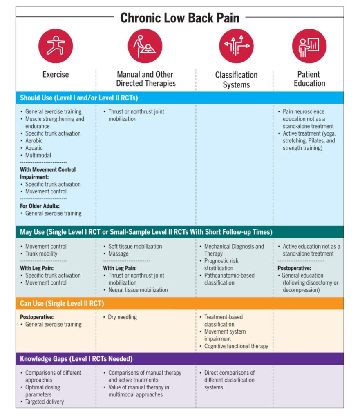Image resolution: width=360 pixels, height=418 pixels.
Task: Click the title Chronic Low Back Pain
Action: pos(180,18)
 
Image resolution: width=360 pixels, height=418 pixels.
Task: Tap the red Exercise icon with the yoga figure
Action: pos(56,46)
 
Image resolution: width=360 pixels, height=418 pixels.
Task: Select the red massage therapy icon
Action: pos(145,46)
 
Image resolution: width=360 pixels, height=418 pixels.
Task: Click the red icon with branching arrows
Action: pos(236,46)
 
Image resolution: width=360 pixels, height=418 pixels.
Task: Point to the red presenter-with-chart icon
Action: pos(309,46)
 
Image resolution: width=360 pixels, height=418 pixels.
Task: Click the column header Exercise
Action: pos(56,75)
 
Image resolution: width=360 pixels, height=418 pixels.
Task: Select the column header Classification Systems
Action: pos(236,80)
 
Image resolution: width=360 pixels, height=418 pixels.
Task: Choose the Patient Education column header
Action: pos(309,79)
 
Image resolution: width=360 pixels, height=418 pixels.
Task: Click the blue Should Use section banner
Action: pos(180,98)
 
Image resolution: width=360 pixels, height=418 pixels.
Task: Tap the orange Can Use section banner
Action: pos(180,303)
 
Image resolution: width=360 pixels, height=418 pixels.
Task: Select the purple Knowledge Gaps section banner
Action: pos(180,359)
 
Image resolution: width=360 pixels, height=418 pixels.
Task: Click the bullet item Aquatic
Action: pos(34,148)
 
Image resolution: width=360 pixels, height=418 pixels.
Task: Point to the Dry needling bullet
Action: pos(122,317)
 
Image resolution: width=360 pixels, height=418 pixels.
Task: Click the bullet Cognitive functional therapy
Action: pos(236,346)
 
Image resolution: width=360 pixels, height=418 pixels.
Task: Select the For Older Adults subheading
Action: pos(40,206)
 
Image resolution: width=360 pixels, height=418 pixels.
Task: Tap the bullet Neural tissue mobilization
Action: pos(138,290)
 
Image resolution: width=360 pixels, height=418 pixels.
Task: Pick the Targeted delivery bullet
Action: pos(45,402)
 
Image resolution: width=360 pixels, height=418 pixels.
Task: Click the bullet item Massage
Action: pos(119,253)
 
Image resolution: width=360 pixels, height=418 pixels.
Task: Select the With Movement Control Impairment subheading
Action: pos(47,173)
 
